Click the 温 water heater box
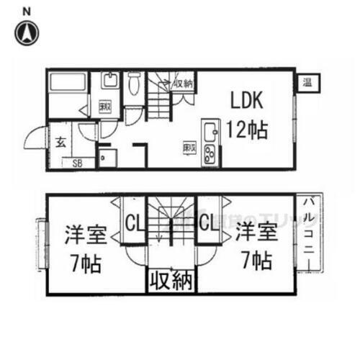click(x=307, y=82)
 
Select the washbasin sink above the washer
click(x=109, y=80)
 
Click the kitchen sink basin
click(x=212, y=132)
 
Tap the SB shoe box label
click(x=76, y=163)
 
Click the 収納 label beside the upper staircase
click(x=183, y=84)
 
